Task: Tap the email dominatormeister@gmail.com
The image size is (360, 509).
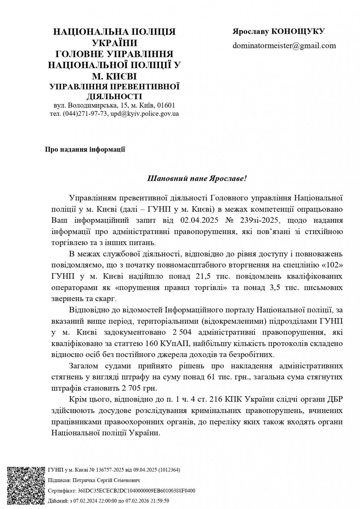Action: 284,46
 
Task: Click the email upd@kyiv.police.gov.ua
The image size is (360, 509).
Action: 145,114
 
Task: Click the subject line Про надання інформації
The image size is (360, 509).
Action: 85,149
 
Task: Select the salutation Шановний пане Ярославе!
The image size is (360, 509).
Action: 197,178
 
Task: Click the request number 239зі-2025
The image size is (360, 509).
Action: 260,220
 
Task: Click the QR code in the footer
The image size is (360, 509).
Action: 26,485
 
